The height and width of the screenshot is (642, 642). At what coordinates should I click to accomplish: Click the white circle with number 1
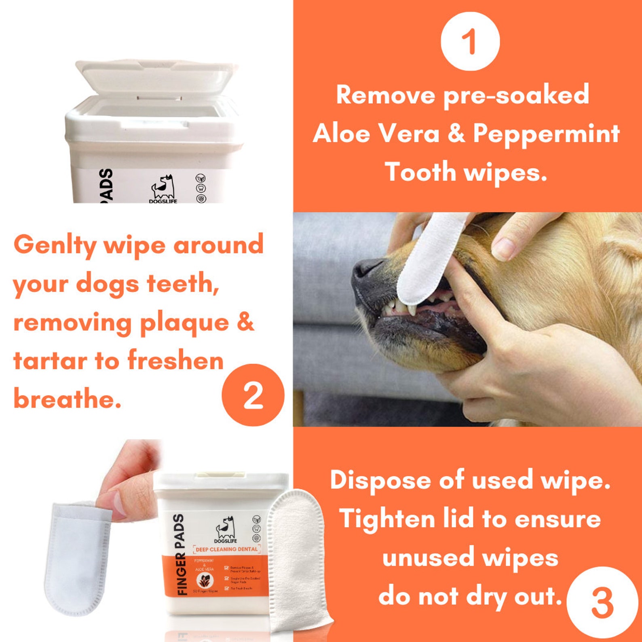[x=470, y=41]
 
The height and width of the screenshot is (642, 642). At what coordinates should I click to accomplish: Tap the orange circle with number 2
[x=253, y=395]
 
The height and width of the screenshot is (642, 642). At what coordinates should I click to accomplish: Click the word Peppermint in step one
[x=546, y=133]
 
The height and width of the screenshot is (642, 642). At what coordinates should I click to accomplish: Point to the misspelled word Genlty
[x=55, y=245]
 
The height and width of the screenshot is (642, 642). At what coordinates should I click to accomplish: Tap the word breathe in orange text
[x=67, y=399]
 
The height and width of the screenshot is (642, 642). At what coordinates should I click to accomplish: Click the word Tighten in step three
[x=386, y=519]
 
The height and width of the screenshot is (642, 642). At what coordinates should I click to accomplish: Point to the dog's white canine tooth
[x=412, y=309]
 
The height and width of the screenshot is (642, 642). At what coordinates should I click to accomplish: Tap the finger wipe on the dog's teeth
[x=429, y=259]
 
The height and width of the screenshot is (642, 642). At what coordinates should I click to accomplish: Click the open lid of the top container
[x=156, y=77]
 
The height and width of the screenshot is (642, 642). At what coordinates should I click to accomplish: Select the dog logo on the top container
[x=163, y=187]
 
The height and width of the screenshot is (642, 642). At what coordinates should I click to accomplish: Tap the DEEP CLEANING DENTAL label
[x=227, y=549]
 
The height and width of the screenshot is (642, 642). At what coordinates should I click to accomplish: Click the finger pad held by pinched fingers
[x=77, y=558]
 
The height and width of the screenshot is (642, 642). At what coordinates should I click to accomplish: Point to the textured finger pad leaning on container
[x=297, y=562]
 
